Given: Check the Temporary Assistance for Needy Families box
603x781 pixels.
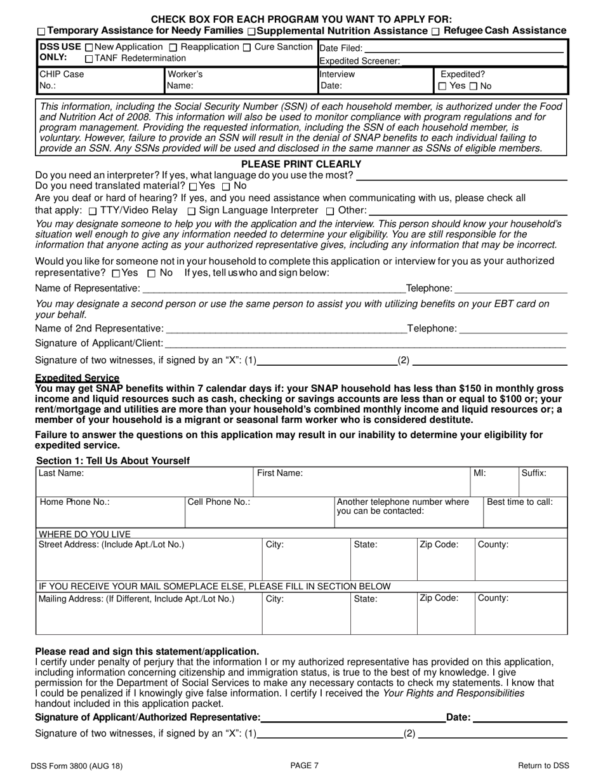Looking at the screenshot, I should (41, 32).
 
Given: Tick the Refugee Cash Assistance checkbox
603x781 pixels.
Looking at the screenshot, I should (435, 32).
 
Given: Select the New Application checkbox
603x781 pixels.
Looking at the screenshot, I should (88, 47).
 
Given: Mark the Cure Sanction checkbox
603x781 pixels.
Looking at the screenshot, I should (248, 47).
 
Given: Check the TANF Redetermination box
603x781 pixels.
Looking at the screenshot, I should (88, 59).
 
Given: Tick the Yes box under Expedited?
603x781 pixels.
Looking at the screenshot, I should (442, 86).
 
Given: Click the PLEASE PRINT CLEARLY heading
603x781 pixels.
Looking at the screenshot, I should (301, 164).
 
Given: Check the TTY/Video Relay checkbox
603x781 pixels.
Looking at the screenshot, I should (93, 211).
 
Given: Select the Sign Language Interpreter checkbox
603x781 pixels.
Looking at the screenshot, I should (192, 211).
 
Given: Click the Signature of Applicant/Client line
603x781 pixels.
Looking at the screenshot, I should (365, 344).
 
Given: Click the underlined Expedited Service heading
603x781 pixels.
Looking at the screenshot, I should (77, 378).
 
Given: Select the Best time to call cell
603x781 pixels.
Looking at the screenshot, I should (525, 512).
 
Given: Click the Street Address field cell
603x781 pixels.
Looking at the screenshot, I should (149, 559).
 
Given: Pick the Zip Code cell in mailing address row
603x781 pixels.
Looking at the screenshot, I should (446, 613).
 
